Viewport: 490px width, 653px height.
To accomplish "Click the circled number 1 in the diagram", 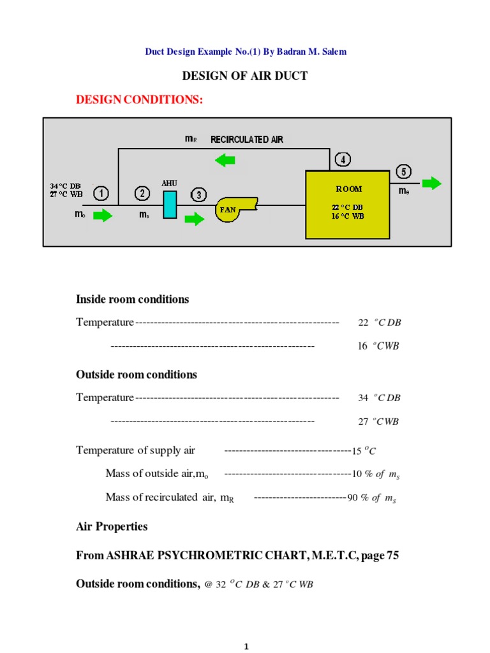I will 101,192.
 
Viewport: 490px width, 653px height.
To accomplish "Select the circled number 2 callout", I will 142,193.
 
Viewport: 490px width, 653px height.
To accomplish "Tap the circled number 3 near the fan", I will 199,194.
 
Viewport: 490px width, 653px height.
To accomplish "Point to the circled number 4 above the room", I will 343,159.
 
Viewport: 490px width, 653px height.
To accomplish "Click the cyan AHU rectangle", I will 170,205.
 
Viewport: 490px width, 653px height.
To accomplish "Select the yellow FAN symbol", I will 235,209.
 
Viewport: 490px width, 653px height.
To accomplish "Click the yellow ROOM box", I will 348,204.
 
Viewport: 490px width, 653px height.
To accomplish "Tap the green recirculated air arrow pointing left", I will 225,161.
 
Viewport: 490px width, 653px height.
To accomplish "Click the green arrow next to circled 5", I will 432,184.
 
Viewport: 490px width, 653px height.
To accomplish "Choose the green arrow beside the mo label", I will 102,216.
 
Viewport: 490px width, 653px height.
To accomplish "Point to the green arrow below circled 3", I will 195,219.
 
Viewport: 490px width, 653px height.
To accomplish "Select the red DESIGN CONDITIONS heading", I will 139,99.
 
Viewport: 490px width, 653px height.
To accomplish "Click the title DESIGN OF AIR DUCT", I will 245,76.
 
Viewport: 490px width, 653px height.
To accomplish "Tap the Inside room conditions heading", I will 132,299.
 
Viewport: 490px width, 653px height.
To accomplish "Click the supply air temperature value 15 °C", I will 364,451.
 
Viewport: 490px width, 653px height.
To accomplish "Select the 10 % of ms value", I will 376,474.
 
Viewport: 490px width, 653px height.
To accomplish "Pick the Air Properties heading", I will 112,527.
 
